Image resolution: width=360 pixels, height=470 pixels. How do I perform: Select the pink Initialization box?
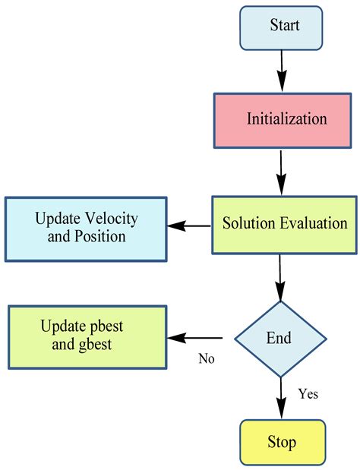[x=281, y=119]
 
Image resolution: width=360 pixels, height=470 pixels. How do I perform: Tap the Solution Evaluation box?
[x=284, y=225]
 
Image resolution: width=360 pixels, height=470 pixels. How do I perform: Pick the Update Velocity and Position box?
[x=86, y=227]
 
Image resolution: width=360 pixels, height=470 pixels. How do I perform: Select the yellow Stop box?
[x=281, y=442]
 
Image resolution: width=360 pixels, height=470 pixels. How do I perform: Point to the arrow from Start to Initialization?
[x=282, y=71]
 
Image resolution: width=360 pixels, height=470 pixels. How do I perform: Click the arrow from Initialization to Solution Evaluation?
[x=282, y=171]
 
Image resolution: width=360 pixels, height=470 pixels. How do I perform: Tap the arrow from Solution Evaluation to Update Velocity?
[x=189, y=226]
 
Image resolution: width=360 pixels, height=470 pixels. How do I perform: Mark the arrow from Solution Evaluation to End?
[x=280, y=278]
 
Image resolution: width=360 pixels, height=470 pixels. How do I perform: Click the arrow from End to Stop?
[x=280, y=397]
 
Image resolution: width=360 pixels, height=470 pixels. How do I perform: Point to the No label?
[x=206, y=358]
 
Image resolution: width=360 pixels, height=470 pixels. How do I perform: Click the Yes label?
[x=308, y=393]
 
